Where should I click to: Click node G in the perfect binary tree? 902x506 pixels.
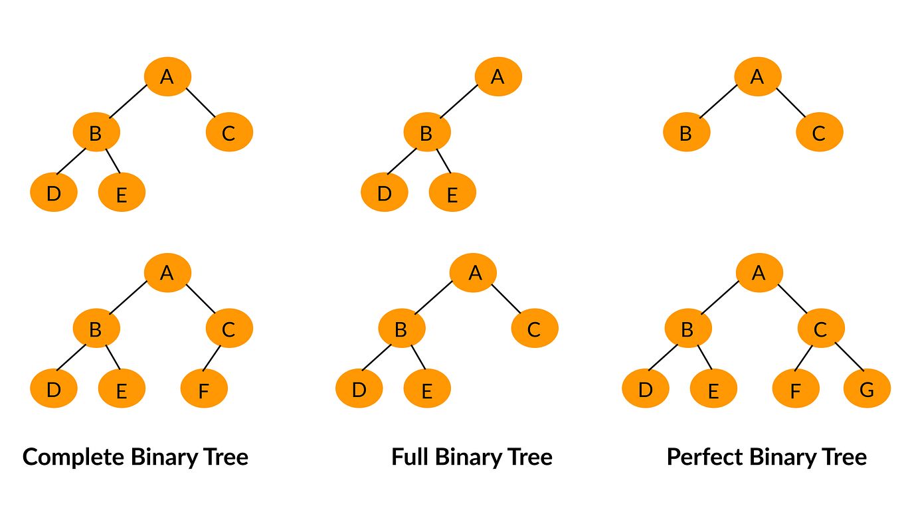pos(867,388)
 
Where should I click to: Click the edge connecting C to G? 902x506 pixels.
pos(849,357)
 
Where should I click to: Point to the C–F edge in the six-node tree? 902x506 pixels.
pos(212,357)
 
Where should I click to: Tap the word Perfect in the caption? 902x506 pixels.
pos(704,457)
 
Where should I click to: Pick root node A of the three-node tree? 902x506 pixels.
pos(757,76)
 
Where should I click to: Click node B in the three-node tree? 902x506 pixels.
pos(686,133)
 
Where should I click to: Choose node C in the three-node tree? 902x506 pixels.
pos(819,133)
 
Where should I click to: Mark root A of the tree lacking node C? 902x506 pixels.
pos(497,76)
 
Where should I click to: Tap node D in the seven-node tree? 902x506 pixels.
pos(645,388)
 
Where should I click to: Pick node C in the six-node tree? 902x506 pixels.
pos(228,328)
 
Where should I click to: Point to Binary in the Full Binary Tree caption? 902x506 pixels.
pos(469,457)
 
